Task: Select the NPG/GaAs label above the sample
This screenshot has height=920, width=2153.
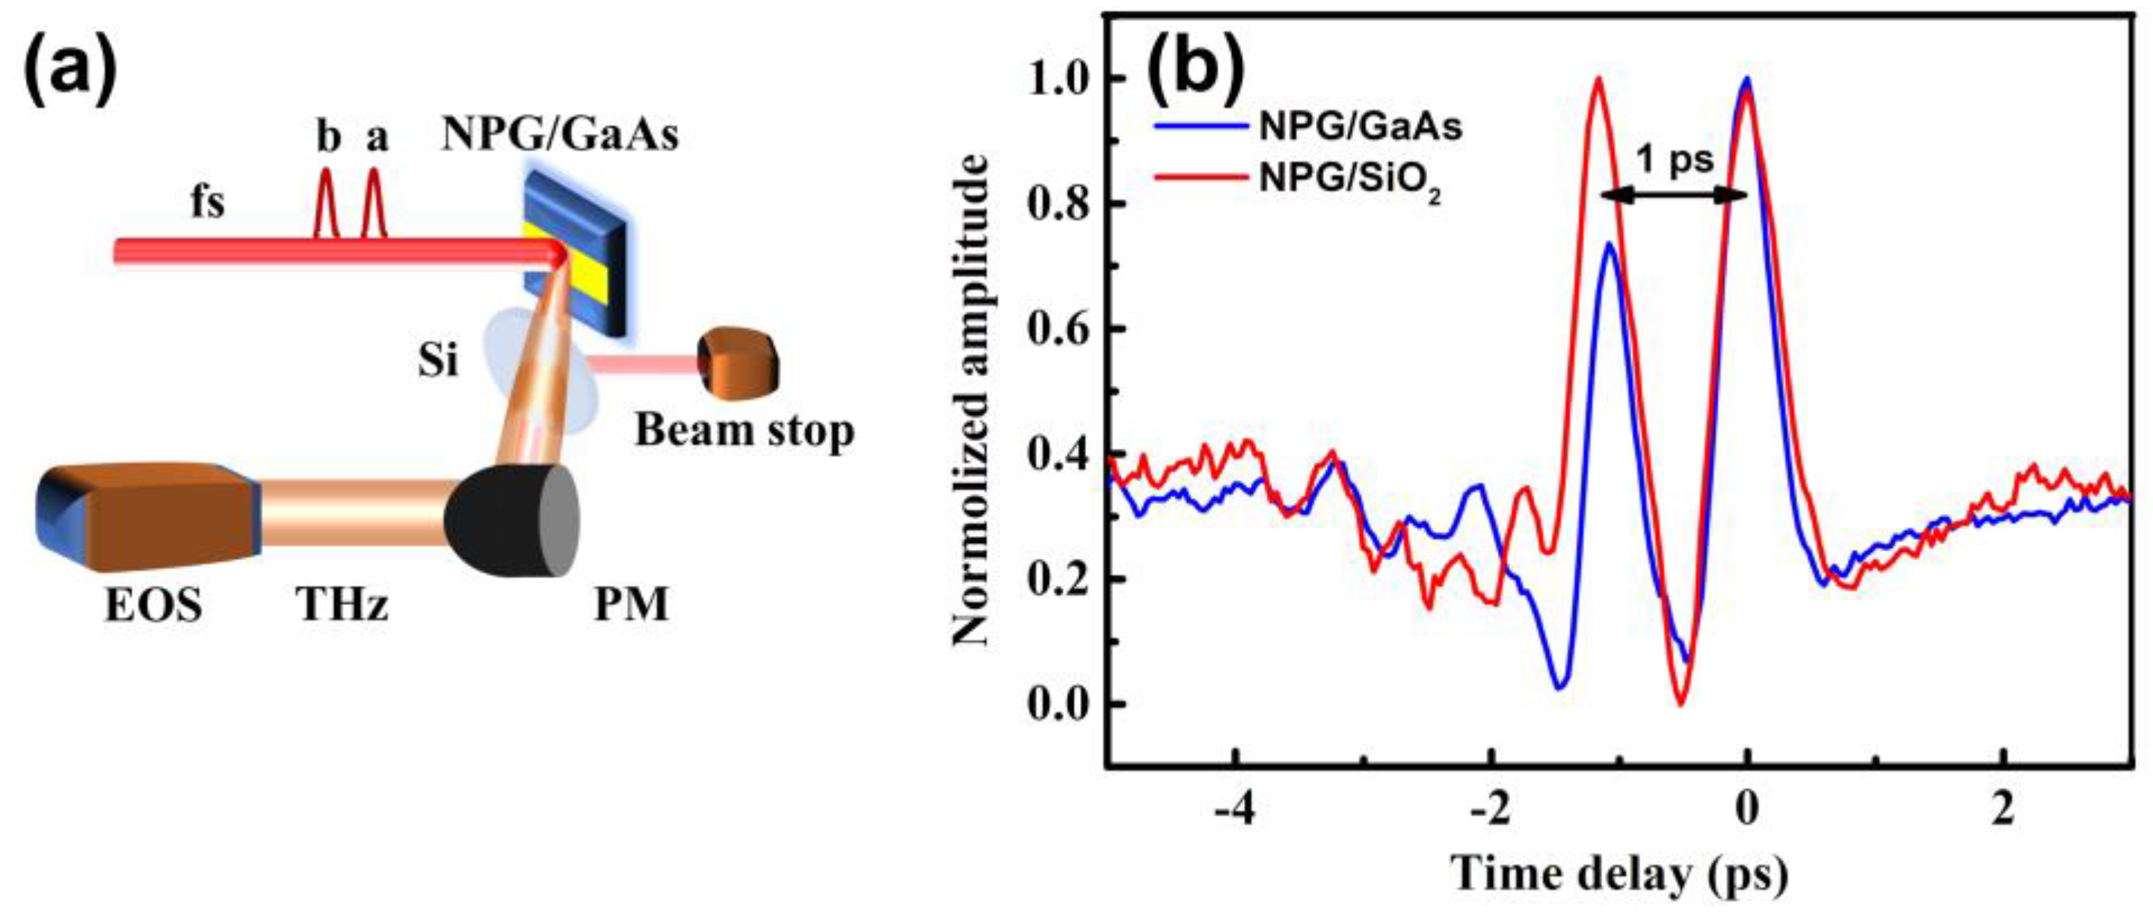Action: click(559, 134)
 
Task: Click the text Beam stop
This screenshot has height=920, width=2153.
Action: click(744, 431)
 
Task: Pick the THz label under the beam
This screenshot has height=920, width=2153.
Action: click(342, 604)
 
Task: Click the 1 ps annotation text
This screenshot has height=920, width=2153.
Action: click(1674, 159)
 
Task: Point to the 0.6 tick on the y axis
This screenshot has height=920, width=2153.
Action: click(1061, 330)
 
